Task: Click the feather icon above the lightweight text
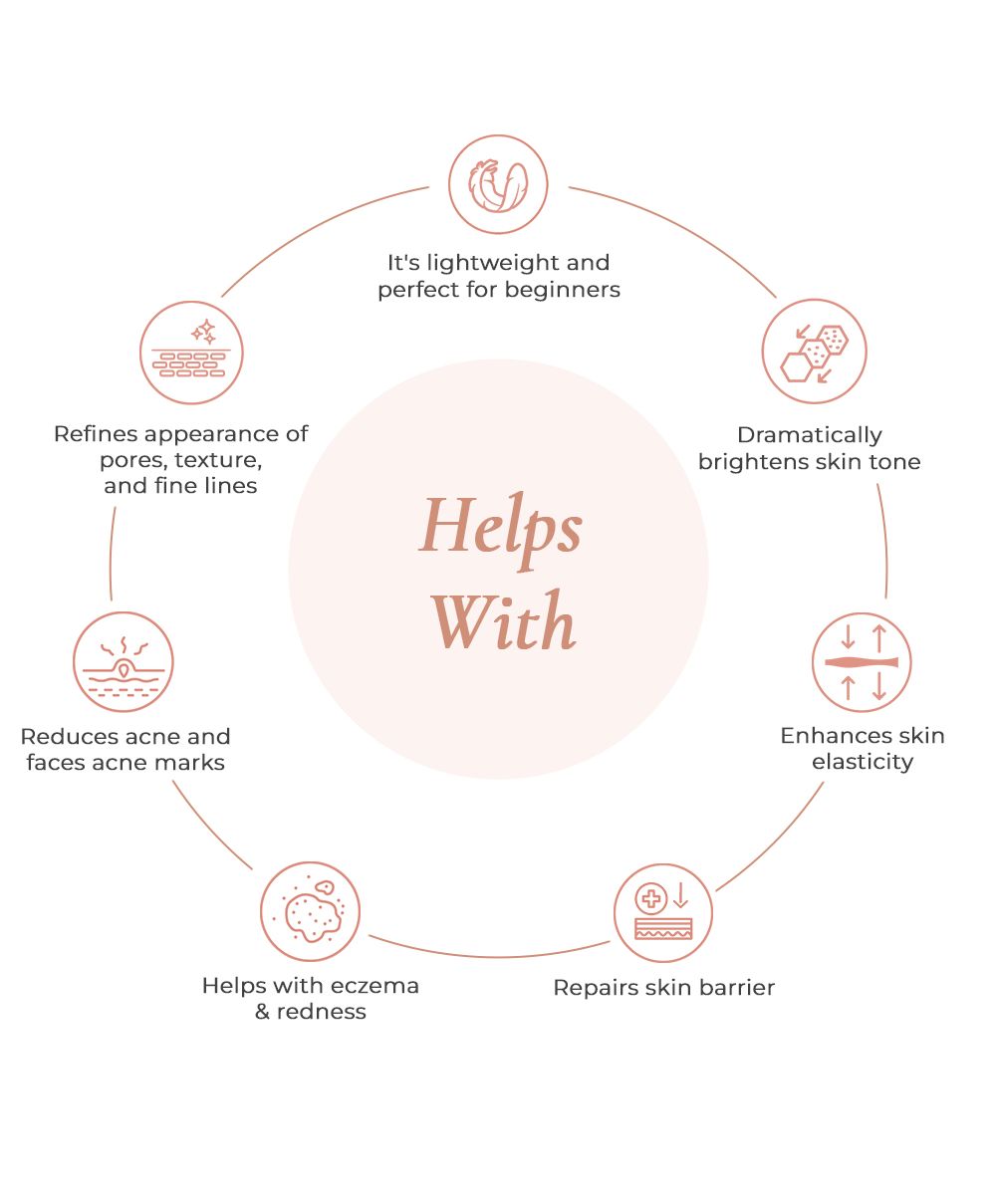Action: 498,184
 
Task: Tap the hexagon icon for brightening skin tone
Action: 815,352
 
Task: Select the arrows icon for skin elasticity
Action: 862,662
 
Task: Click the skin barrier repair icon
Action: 663,913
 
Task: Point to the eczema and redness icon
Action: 311,912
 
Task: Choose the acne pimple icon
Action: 124,662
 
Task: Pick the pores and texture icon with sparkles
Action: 191,353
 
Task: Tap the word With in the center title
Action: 504,622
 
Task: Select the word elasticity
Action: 862,762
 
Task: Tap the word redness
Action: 322,1012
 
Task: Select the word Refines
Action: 96,434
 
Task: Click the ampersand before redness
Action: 264,1012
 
